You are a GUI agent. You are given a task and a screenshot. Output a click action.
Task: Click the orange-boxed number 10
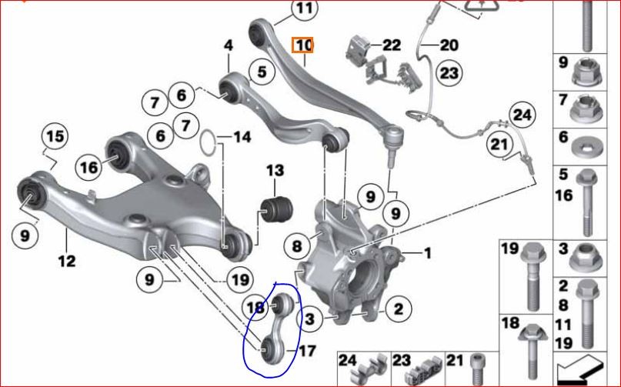(303, 45)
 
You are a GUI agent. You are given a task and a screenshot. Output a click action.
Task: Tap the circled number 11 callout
(304, 8)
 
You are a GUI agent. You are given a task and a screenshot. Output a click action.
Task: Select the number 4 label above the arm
(229, 45)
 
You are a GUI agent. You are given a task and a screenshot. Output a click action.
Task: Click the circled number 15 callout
(55, 137)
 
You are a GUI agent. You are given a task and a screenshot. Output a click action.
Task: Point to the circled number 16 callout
(88, 167)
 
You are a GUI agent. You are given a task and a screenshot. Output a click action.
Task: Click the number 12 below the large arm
(66, 261)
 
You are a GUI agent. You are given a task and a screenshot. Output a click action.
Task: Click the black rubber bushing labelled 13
(276, 209)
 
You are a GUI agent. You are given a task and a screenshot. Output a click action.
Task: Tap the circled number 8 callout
(297, 246)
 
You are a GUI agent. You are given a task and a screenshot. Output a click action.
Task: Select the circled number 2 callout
(398, 309)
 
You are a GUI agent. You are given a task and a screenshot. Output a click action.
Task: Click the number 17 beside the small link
(307, 351)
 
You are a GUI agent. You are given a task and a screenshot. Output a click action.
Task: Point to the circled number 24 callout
(522, 115)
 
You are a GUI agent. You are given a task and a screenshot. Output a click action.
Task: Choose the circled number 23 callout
(449, 73)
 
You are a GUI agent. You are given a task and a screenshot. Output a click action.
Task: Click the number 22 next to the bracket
(391, 45)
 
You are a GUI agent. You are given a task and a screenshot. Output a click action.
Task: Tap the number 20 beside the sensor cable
(449, 45)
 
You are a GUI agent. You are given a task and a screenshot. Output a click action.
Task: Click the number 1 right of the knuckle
(427, 252)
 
